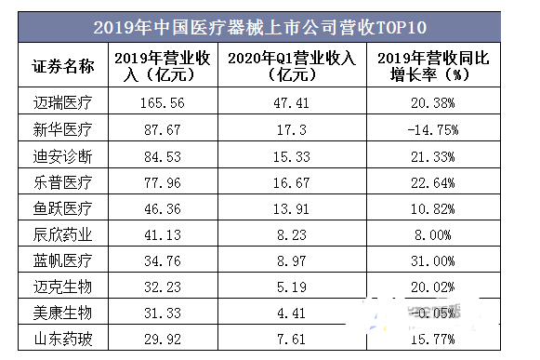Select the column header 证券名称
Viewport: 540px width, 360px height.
point(64,65)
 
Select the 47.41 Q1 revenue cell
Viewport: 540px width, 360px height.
point(291,101)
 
